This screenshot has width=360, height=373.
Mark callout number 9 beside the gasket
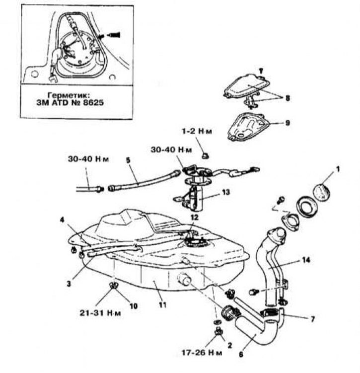tap(287, 122)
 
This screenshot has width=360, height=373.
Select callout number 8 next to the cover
tap(288, 98)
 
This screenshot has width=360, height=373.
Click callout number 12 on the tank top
tap(194, 217)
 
